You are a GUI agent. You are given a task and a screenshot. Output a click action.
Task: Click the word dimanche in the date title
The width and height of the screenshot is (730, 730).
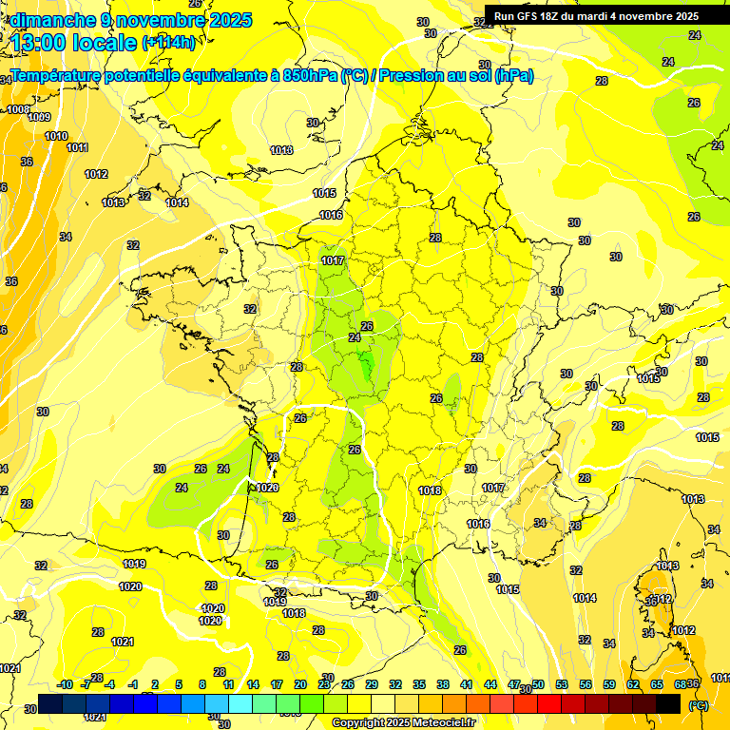48,20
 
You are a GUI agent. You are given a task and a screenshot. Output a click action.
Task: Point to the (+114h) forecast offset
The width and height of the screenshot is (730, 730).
169,43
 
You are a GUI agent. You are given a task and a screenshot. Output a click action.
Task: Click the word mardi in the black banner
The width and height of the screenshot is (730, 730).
598,16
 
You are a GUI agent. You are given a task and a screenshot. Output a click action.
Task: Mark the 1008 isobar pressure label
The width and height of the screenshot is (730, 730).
18,109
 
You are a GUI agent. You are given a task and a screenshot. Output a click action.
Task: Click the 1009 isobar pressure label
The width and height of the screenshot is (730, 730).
39,117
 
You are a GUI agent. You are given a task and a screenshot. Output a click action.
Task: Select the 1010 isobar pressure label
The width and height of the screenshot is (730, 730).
56,136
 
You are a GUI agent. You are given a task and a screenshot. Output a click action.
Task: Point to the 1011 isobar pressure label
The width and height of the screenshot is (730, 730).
77,147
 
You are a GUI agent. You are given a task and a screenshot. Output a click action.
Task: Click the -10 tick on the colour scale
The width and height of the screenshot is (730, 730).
65,684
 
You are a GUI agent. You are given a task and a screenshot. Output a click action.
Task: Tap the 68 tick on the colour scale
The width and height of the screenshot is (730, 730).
680,684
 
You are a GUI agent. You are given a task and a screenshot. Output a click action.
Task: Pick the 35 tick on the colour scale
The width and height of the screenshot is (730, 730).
419,684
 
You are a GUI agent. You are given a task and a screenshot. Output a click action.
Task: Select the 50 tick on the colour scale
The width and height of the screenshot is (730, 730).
538,684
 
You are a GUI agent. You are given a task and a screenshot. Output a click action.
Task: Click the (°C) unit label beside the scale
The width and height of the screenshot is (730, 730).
698,705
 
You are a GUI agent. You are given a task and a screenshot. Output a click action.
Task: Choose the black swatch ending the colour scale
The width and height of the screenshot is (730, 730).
668,703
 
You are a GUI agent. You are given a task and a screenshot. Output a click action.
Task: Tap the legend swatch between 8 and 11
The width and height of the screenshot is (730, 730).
216,703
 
